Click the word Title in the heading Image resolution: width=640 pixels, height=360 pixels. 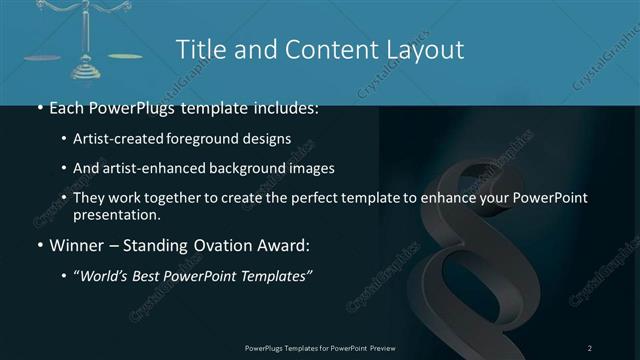pyautogui.click(x=200, y=49)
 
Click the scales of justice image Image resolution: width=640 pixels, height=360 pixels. pyautogui.click(x=90, y=40)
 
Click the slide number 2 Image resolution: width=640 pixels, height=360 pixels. pyautogui.click(x=590, y=347)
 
